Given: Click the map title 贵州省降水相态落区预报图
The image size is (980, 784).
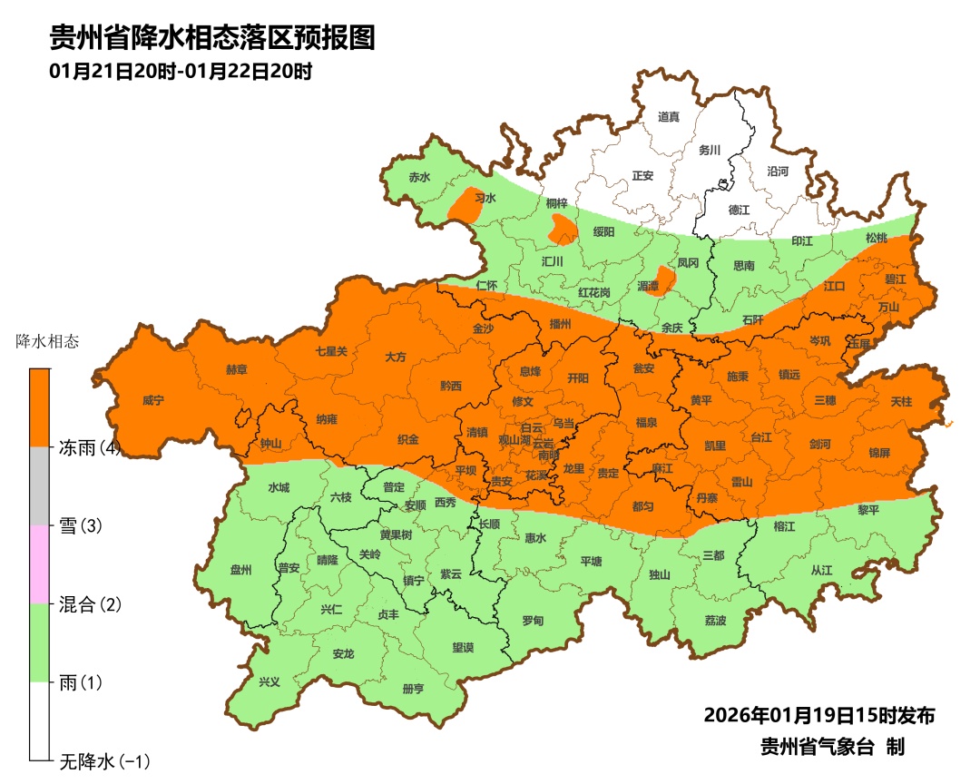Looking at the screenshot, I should tap(211, 38).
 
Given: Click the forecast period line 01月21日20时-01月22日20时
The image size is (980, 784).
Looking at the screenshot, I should tap(181, 72).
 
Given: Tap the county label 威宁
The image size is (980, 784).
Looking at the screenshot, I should tap(153, 400).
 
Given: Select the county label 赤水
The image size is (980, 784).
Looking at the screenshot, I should tap(418, 177).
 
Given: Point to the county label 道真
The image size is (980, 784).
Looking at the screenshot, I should tap(669, 116).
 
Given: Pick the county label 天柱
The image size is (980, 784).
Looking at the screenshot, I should tap(901, 400).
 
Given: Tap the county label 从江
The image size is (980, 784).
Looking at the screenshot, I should tap(821, 571).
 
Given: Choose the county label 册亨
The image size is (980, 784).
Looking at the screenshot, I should tap(413, 689).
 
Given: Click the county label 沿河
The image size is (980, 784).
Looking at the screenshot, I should tap(778, 171).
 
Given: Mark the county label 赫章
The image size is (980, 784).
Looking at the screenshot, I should tap(237, 370).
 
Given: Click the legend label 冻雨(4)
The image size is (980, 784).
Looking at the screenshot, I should tap(90, 447).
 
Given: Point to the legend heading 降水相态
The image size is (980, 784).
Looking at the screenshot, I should tap(48, 342).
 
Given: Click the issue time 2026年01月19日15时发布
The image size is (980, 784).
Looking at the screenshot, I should tap(818, 715).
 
